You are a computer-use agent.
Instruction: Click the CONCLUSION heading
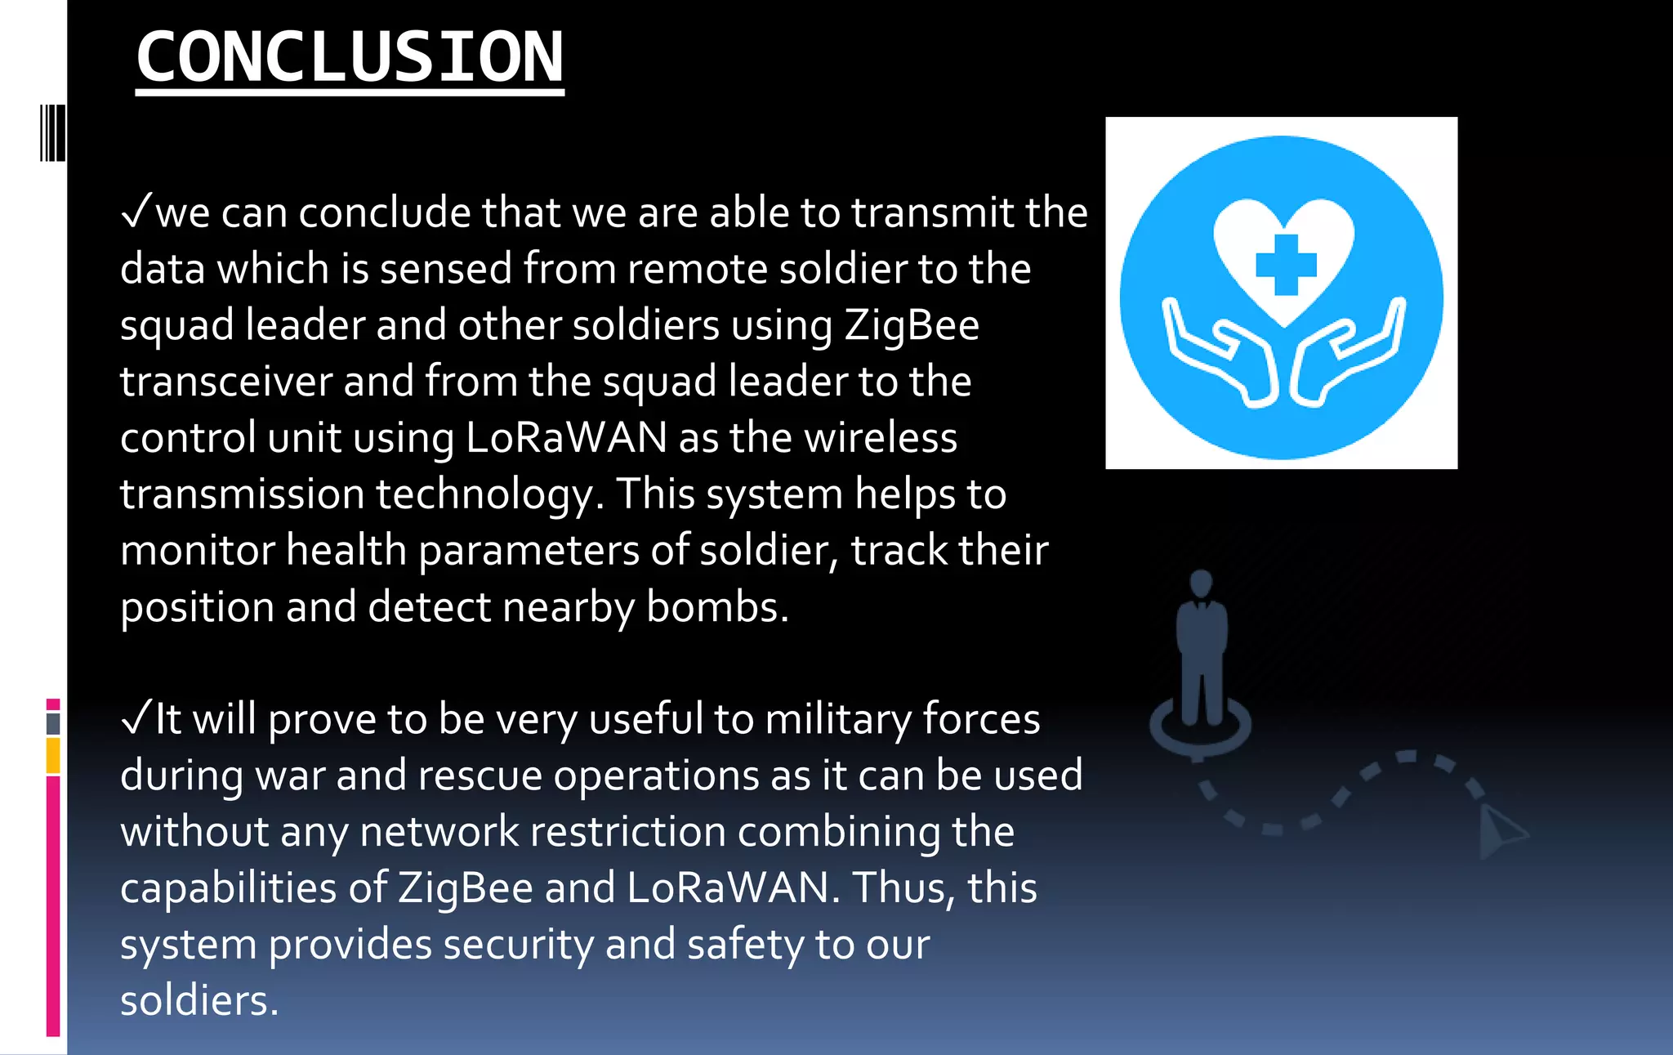click(x=350, y=57)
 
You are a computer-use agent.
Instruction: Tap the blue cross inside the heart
click(x=1286, y=265)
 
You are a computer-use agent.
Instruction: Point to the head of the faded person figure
click(x=1201, y=583)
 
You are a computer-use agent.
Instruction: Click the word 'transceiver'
click(x=225, y=382)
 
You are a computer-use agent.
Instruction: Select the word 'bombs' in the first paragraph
click(x=716, y=607)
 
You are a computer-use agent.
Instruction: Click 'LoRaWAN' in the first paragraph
click(x=566, y=438)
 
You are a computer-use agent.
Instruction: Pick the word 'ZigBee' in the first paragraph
click(x=912, y=326)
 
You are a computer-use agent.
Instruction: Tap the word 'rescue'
click(x=480, y=776)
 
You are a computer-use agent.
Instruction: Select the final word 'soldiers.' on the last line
click(x=199, y=1001)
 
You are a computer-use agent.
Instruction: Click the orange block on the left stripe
click(x=53, y=755)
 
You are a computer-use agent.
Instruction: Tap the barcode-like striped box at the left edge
click(x=53, y=132)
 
